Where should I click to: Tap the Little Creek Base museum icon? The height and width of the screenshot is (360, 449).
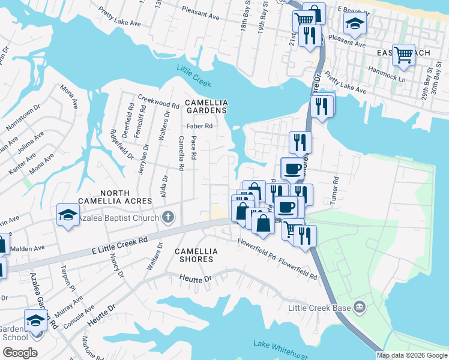click(360, 307)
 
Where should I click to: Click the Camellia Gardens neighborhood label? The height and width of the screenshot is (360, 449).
click(205, 106)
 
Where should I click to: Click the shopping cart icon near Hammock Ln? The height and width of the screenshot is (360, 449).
click(403, 55)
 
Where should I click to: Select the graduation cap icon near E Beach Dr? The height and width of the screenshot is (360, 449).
click(355, 23)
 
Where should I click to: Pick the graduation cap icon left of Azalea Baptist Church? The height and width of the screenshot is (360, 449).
click(68, 214)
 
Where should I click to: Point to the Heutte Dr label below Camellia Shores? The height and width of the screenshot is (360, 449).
click(196, 278)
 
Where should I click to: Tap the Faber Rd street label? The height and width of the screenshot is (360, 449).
click(200, 126)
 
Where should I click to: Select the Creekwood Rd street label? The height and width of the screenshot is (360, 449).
click(158, 100)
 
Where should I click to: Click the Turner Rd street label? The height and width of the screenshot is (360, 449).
click(335, 190)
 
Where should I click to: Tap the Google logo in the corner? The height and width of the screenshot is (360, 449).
click(20, 353)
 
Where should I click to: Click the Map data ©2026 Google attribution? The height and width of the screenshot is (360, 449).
click(412, 355)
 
